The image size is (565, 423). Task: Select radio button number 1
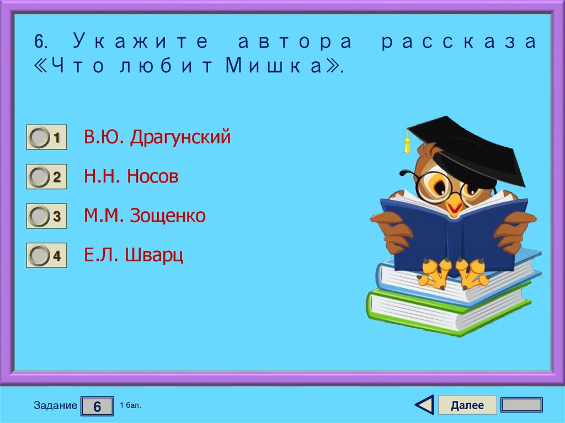click(39, 138)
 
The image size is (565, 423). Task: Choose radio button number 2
click(39, 177)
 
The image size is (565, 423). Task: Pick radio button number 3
click(39, 216)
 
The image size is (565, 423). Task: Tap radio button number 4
click(39, 256)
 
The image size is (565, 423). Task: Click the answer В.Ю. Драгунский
click(157, 137)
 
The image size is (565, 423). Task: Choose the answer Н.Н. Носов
click(131, 176)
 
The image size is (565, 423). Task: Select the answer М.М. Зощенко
click(145, 216)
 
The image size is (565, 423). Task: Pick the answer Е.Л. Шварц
click(134, 255)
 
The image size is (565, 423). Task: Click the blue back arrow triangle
click(424, 405)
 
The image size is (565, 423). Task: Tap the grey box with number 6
click(97, 406)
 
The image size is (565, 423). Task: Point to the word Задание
click(55, 406)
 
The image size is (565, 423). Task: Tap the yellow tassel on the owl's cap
click(407, 144)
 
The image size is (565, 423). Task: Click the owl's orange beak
click(454, 207)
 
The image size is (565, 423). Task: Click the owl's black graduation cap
click(475, 149)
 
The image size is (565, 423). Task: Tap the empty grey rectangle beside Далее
click(521, 405)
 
